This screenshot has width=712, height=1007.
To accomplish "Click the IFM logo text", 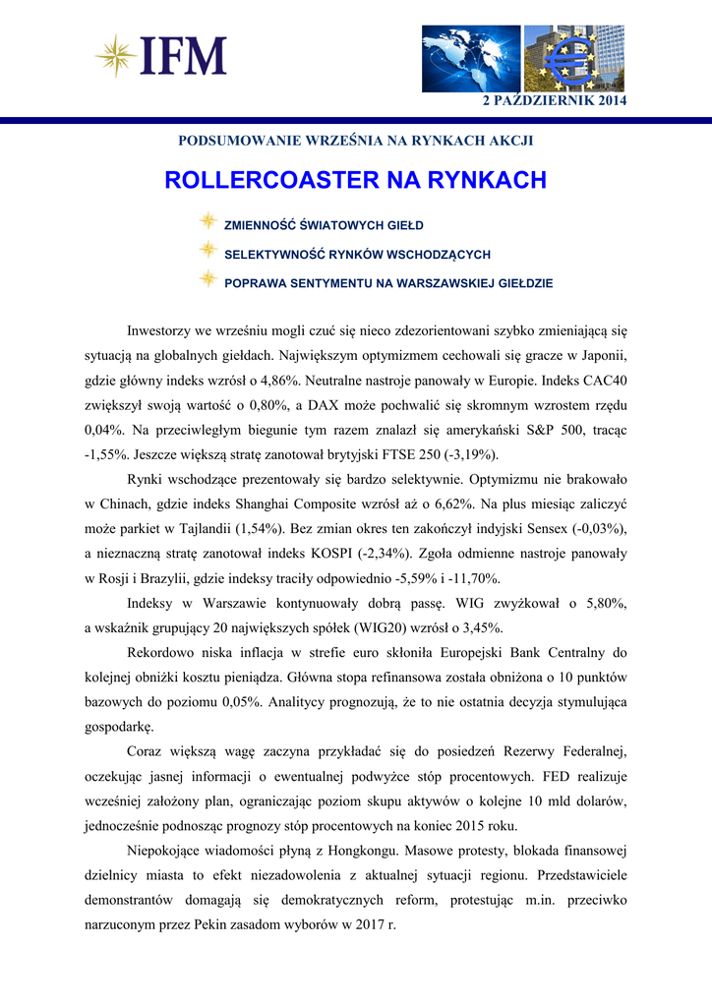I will click(x=181, y=57).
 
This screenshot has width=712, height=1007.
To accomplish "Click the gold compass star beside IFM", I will click(x=115, y=57).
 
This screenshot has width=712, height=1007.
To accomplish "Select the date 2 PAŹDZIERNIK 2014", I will click(x=553, y=101).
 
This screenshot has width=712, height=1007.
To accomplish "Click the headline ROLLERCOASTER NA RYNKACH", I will click(x=355, y=181).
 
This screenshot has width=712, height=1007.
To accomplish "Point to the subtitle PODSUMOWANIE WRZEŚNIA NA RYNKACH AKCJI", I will click(x=355, y=141).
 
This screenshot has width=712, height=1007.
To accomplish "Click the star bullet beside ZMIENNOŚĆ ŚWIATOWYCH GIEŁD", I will click(x=208, y=222).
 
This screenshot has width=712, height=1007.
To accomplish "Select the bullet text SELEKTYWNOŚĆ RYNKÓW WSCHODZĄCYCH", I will click(x=357, y=255).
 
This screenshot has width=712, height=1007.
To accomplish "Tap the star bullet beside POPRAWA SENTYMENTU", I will click(x=208, y=279).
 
